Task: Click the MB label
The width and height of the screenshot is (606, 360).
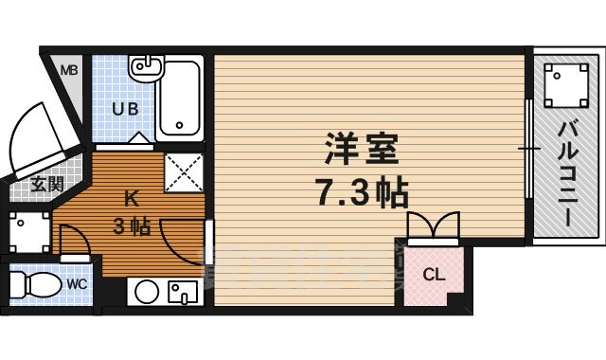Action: (x=70, y=70)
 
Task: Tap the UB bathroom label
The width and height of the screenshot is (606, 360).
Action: (x=125, y=109)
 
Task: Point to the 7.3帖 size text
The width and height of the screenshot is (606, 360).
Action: (x=361, y=193)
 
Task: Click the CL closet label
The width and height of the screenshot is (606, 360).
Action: (x=433, y=276)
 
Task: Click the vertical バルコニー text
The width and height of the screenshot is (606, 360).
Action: (x=567, y=174)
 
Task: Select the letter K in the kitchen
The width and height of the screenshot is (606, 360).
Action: (x=133, y=199)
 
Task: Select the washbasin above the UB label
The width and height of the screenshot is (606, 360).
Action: (x=143, y=68)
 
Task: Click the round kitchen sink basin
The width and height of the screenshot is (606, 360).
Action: (x=145, y=291)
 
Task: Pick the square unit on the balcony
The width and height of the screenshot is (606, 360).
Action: (x=565, y=82)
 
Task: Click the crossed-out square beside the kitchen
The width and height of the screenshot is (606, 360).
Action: (x=184, y=171)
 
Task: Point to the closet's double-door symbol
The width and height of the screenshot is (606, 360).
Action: (x=433, y=227)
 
